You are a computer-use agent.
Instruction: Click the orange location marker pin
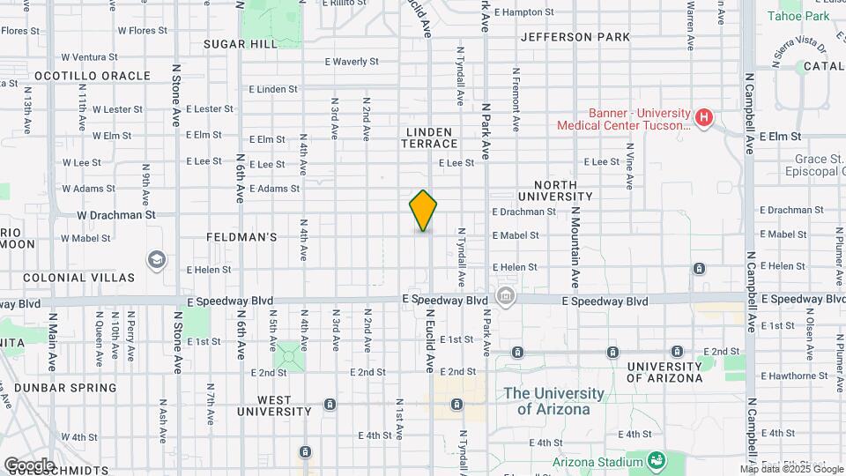coord(423,211)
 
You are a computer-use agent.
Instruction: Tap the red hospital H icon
coord(703,117)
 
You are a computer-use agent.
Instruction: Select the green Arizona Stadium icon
coord(656,460)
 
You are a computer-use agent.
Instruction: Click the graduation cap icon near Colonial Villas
coord(157,259)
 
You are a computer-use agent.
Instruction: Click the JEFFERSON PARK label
coord(575,37)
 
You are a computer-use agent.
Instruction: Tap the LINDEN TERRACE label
coord(431,138)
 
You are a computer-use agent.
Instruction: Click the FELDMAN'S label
coord(241,237)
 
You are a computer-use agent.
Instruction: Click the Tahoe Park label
coord(798,16)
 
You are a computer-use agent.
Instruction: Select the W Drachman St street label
coord(115,214)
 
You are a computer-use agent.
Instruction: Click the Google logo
coord(29,465)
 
